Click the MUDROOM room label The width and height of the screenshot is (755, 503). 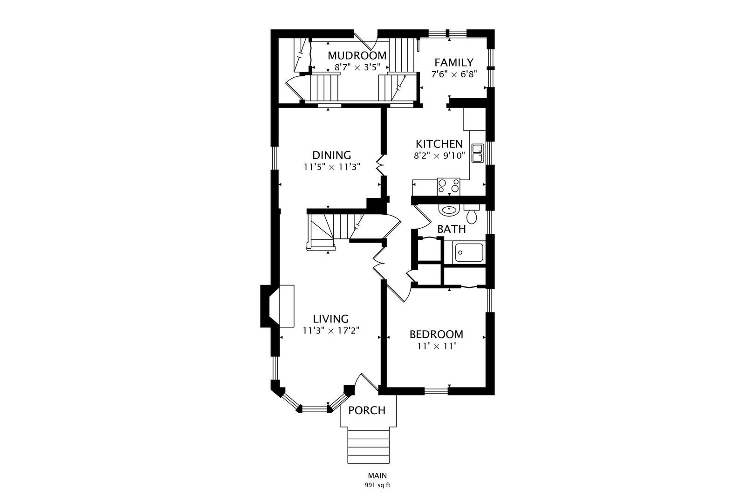[357, 56]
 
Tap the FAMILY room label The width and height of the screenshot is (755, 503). [453, 62]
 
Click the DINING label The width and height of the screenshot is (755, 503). [331, 155]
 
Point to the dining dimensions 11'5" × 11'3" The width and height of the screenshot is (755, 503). [332, 167]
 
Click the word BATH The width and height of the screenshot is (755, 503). [451, 229]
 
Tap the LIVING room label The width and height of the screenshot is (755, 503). [330, 319]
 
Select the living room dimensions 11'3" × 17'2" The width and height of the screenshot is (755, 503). [331, 331]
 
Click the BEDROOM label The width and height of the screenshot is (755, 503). [436, 334]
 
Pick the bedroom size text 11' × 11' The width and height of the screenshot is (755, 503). [436, 346]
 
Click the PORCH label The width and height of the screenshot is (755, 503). [367, 410]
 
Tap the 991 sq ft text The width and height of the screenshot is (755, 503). [377, 485]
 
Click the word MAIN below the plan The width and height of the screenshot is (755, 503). [377, 476]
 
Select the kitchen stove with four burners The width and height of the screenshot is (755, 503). [448, 187]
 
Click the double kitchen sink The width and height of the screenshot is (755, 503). [477, 153]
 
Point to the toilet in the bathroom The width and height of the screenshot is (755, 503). [472, 215]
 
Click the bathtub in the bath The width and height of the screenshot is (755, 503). [469, 254]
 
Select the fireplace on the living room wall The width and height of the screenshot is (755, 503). [278, 306]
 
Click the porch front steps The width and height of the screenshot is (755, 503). [368, 446]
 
